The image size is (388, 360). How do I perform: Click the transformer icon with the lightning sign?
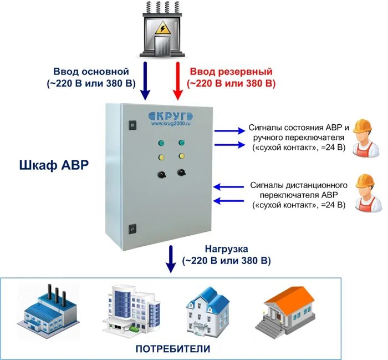[163, 31]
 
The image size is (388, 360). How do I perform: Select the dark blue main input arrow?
[145, 80]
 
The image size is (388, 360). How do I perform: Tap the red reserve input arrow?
[177, 80]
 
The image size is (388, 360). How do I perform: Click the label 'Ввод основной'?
[91, 72]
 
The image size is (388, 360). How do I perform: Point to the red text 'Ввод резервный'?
[231, 72]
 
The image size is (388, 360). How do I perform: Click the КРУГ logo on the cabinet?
[171, 116]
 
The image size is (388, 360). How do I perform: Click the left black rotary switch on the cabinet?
[161, 174]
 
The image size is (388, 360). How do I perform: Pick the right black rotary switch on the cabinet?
[181, 174]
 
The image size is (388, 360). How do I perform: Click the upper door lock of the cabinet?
[132, 125]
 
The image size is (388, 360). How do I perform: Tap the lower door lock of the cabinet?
[132, 227]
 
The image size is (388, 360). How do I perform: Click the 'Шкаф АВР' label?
[53, 165]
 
